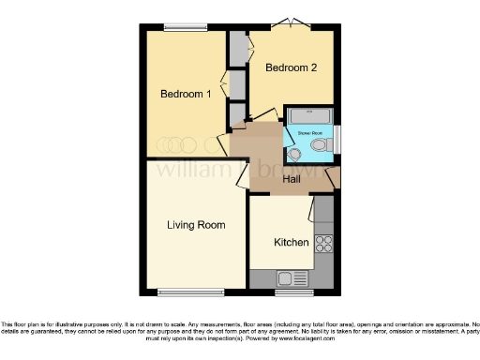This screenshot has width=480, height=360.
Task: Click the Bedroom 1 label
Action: pyautogui.click(x=185, y=94)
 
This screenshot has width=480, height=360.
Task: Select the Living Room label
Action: pyautogui.click(x=197, y=225)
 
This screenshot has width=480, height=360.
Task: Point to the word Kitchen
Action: pyautogui.click(x=291, y=243)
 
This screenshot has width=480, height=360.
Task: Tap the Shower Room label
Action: pyautogui.click(x=310, y=133)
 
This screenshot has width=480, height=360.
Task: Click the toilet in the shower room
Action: pyautogui.click(x=321, y=147)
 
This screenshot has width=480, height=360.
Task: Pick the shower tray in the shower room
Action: pyautogui.click(x=309, y=116)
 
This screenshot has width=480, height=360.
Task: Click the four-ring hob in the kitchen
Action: pyautogui.click(x=324, y=243)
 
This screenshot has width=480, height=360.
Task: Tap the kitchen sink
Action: pyautogui.click(x=287, y=278)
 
